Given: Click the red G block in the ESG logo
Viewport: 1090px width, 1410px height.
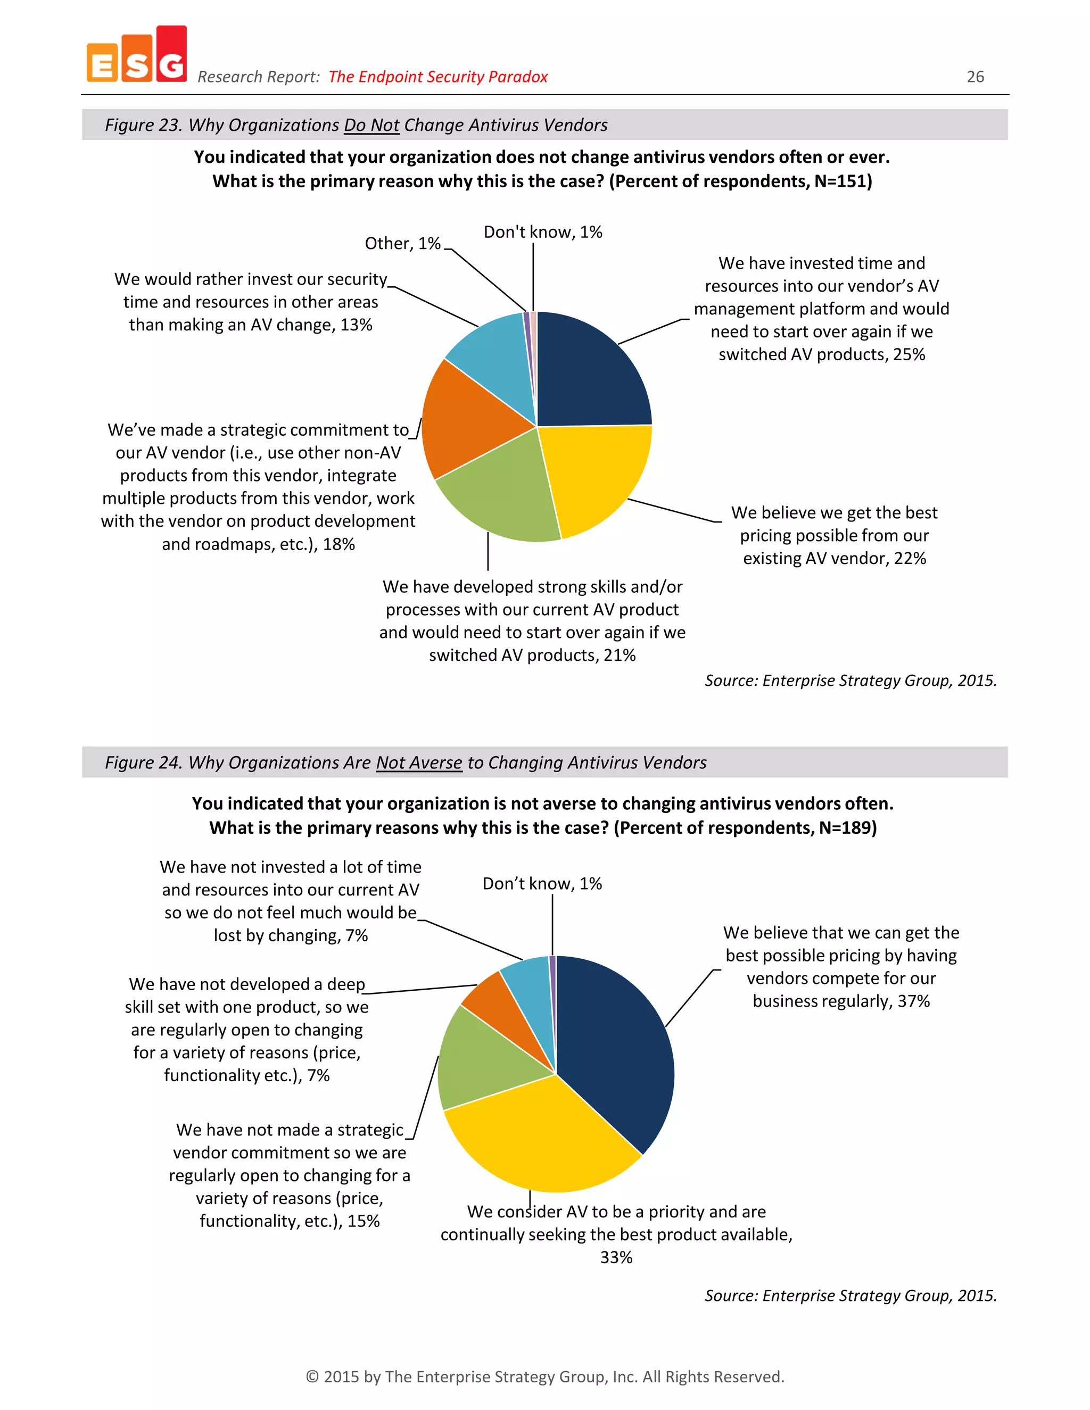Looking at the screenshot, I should (171, 55).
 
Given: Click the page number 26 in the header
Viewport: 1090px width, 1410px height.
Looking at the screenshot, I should (975, 77).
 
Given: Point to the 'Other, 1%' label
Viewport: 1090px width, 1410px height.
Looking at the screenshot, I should (402, 243).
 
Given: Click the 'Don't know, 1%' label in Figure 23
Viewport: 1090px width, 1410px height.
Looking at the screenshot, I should (542, 232).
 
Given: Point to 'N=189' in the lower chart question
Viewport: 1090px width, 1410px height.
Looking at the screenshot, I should (843, 828).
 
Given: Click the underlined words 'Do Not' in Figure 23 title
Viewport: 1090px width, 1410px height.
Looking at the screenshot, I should (371, 125).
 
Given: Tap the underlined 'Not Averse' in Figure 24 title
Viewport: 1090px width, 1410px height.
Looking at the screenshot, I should (419, 763).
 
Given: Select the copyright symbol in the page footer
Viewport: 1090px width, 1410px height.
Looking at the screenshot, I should (312, 1377).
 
